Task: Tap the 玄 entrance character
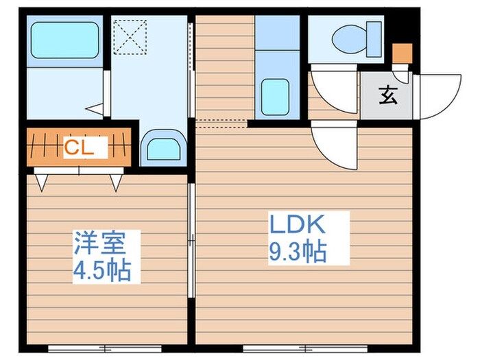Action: (x=387, y=97)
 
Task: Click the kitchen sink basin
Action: (x=276, y=96)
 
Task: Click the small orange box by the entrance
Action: (x=402, y=53)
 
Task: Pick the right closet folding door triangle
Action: (x=117, y=181)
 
